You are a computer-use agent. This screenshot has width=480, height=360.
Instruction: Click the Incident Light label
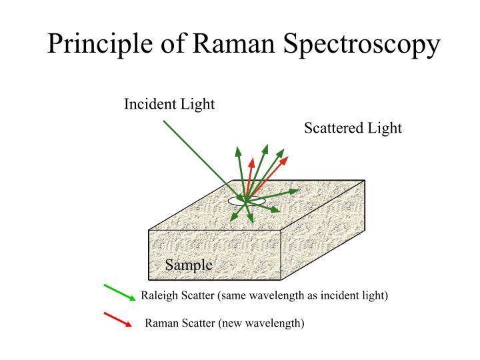(x=169, y=105)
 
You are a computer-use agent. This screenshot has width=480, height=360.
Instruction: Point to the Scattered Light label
(x=353, y=128)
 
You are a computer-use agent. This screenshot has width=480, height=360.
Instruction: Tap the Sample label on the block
(x=189, y=265)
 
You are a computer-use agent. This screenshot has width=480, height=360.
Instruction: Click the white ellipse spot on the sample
(x=247, y=200)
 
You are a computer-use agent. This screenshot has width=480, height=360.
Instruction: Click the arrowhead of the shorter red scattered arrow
(x=252, y=162)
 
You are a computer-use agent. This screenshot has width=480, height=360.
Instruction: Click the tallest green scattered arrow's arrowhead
(x=265, y=148)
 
